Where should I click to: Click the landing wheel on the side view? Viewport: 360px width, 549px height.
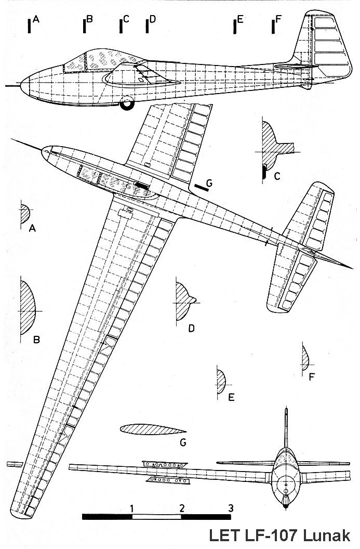[x=126, y=104]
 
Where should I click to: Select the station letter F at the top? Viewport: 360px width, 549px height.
[x=278, y=20]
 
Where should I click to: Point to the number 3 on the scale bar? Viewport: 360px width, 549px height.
[x=230, y=507]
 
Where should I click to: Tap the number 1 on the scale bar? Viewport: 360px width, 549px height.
[x=133, y=507]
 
